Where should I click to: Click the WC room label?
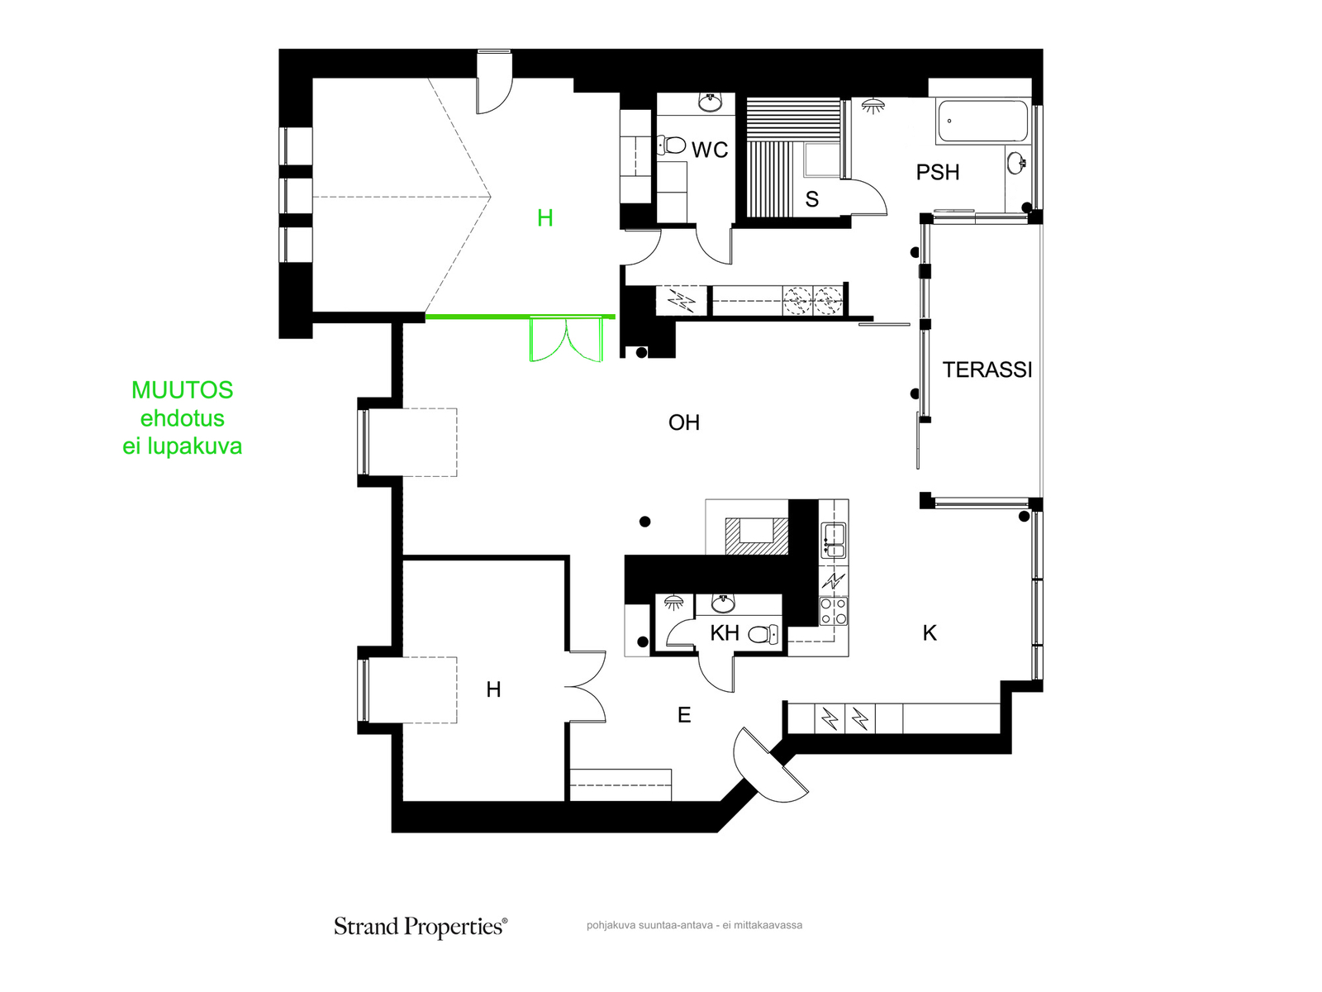coord(710,150)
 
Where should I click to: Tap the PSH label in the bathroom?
coord(937,172)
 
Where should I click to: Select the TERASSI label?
coord(987,370)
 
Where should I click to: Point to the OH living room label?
coord(683,422)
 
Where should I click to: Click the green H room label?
coord(544,217)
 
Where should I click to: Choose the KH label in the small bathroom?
coord(724,632)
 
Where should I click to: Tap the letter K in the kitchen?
coord(930,632)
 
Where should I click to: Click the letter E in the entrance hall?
coord(683,715)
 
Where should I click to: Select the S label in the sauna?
coord(811,198)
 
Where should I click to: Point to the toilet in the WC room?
coord(671,145)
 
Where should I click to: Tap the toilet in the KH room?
coord(763,634)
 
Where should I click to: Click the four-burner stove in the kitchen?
coord(834,611)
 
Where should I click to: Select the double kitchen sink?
coord(834,541)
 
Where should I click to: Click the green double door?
coord(566,341)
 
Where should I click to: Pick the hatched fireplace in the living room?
coord(756,536)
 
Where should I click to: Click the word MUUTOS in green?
coord(182,390)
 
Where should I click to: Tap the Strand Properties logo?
coord(421,927)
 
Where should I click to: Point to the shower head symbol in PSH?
coord(873,106)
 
